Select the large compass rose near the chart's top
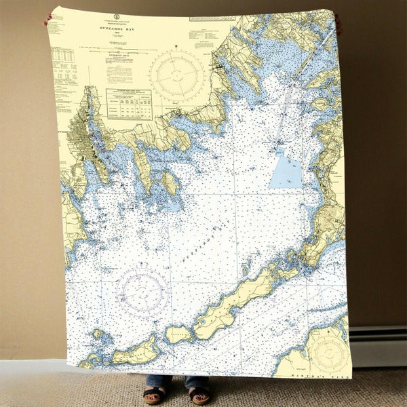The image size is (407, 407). (x=176, y=75)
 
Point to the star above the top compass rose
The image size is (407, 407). (x=176, y=46)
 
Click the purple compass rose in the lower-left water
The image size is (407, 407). (x=142, y=292)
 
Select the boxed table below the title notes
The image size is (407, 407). (x=129, y=104)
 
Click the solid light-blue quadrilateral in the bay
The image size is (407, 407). (x=286, y=169)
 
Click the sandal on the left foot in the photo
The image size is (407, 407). (x=154, y=395)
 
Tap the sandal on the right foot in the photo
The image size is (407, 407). (x=199, y=395)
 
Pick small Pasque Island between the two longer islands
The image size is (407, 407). (x=179, y=333)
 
